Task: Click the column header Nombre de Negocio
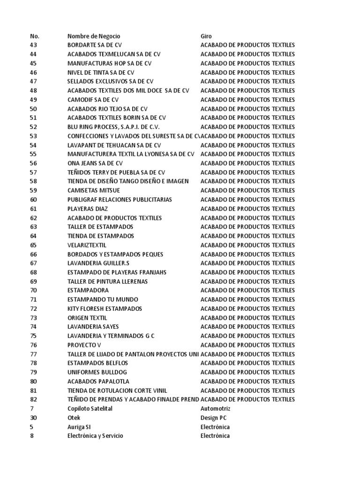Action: pos(94,36)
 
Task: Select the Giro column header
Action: pos(206,36)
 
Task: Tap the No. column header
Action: pos(35,36)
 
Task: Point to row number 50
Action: pos(33,109)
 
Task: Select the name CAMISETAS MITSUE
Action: pos(94,190)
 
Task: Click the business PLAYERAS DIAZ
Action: pos(88,209)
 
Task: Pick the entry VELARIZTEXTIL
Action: pos(87,245)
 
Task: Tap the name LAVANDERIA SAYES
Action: pos(93,327)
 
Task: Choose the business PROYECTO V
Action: pos(84,345)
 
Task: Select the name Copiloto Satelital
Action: pos(90,409)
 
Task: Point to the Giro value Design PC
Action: pos(214,418)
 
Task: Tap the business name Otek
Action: pos(74,418)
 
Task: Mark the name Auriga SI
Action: pos(79,427)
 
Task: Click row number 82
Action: pos(33,399)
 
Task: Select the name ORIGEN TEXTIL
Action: pos(87,318)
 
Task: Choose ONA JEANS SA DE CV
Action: pos(95,163)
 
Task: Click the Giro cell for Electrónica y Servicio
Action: pos(215,436)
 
